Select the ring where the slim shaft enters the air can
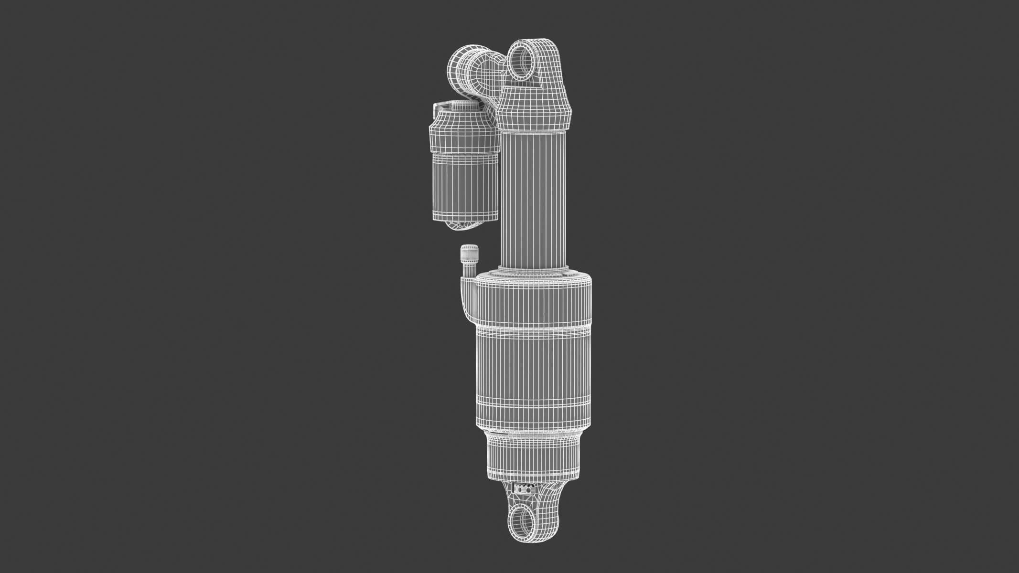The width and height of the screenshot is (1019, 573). pos(534,268)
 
